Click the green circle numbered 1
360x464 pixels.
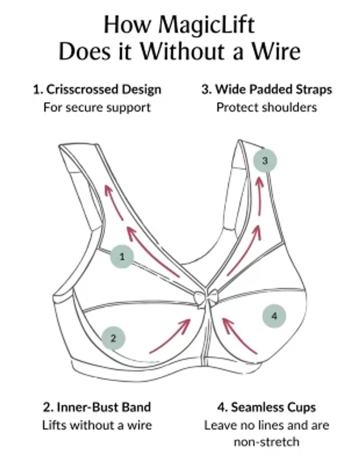122,257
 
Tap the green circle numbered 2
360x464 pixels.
113,338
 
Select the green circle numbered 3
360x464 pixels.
265,161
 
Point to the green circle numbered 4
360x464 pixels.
274,316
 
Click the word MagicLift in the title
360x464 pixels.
206,25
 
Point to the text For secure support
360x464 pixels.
97,107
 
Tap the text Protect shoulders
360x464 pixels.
266,107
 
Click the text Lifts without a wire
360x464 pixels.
97,425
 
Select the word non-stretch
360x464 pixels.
266,442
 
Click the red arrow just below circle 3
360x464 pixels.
260,195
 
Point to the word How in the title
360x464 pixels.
127,25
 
